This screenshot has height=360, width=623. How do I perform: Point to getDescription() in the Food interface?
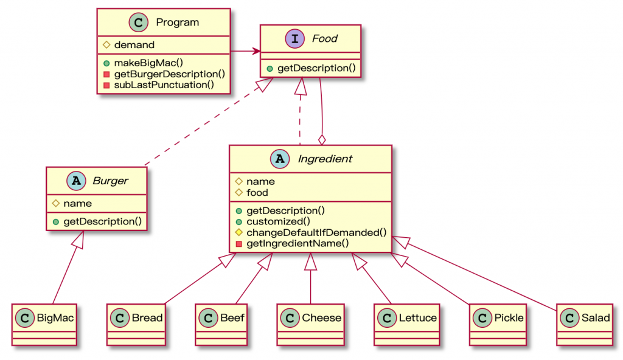pyautogui.click(x=316, y=67)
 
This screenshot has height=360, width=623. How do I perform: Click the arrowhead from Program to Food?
pyautogui.click(x=256, y=51)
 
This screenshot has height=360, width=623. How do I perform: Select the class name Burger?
pyautogui.click(x=110, y=181)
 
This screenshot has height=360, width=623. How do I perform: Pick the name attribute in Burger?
pyautogui.click(x=77, y=203)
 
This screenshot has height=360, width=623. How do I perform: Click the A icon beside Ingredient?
pyautogui.click(x=280, y=159)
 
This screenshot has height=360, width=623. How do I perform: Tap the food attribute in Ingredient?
pyautogui.click(x=257, y=192)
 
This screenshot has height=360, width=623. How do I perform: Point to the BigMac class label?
pyautogui.click(x=56, y=317)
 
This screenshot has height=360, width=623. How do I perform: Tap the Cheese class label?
pyautogui.click(x=321, y=317)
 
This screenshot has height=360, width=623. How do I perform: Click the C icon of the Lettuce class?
pyautogui.click(x=386, y=317)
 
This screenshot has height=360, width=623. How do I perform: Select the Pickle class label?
pyautogui.click(x=509, y=317)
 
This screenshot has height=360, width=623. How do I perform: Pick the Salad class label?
pyautogui.click(x=595, y=317)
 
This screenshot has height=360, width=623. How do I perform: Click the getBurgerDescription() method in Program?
pyautogui.click(x=170, y=74)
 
